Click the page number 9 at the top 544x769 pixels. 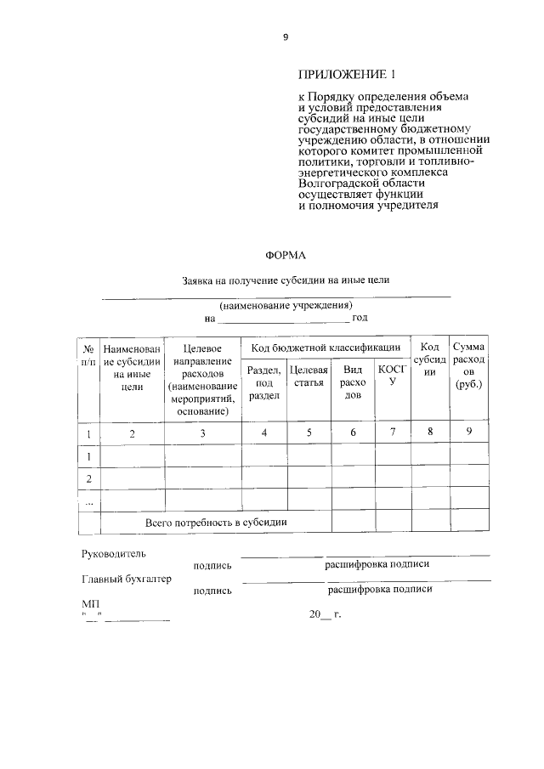[x=286, y=37]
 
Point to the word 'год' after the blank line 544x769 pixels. [x=360, y=318]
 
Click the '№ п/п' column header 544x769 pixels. [x=87, y=354]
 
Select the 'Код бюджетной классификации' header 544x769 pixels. [x=326, y=348]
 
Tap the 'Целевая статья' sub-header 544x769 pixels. [x=308, y=376]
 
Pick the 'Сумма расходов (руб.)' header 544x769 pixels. [x=468, y=365]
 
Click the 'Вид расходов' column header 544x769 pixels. [x=353, y=382]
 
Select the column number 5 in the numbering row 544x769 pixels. [x=309, y=433]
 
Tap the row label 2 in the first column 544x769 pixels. [x=88, y=478]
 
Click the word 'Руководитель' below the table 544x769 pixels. [x=113, y=553]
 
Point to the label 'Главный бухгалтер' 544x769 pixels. [x=126, y=580]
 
